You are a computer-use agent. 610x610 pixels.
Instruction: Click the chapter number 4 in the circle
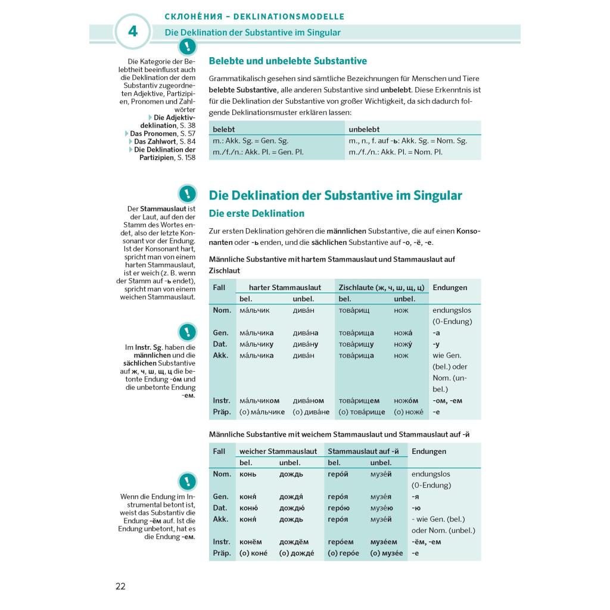[x=132, y=32]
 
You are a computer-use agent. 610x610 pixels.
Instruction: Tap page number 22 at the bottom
[x=120, y=586]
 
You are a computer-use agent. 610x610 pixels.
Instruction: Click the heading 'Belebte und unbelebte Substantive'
[x=288, y=61]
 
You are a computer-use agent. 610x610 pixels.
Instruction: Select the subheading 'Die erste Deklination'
[x=256, y=213]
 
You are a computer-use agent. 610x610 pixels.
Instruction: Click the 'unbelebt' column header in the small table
[x=364, y=129]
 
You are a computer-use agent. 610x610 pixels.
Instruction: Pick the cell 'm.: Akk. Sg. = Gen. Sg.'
[x=250, y=141]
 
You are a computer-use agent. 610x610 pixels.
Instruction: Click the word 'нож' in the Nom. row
[x=401, y=310]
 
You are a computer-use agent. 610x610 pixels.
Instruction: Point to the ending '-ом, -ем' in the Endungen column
[x=447, y=400]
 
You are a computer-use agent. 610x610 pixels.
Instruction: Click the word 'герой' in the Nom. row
[x=338, y=474]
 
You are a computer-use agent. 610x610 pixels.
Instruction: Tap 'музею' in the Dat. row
[x=381, y=508]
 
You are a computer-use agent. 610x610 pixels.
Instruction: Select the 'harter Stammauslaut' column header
[x=285, y=287]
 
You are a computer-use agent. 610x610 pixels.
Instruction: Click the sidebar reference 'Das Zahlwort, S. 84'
[x=164, y=142]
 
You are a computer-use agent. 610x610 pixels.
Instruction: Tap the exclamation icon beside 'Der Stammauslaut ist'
[x=187, y=194]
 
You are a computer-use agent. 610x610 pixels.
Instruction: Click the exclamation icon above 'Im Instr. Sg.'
[x=187, y=332]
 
